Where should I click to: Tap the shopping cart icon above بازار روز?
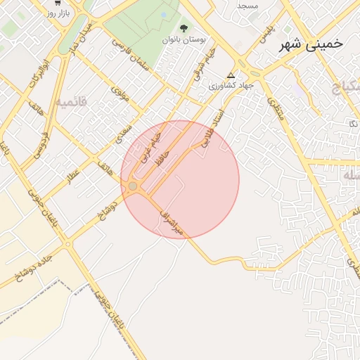click(56, 3)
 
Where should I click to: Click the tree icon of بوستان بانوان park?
click(184, 28)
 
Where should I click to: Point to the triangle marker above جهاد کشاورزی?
click(231, 75)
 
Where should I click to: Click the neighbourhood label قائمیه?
click(72, 102)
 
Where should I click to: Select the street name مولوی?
click(120, 94)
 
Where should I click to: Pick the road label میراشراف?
click(170, 221)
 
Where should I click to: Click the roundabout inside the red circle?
click(133, 186)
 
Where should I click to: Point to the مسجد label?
click(247, 6)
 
